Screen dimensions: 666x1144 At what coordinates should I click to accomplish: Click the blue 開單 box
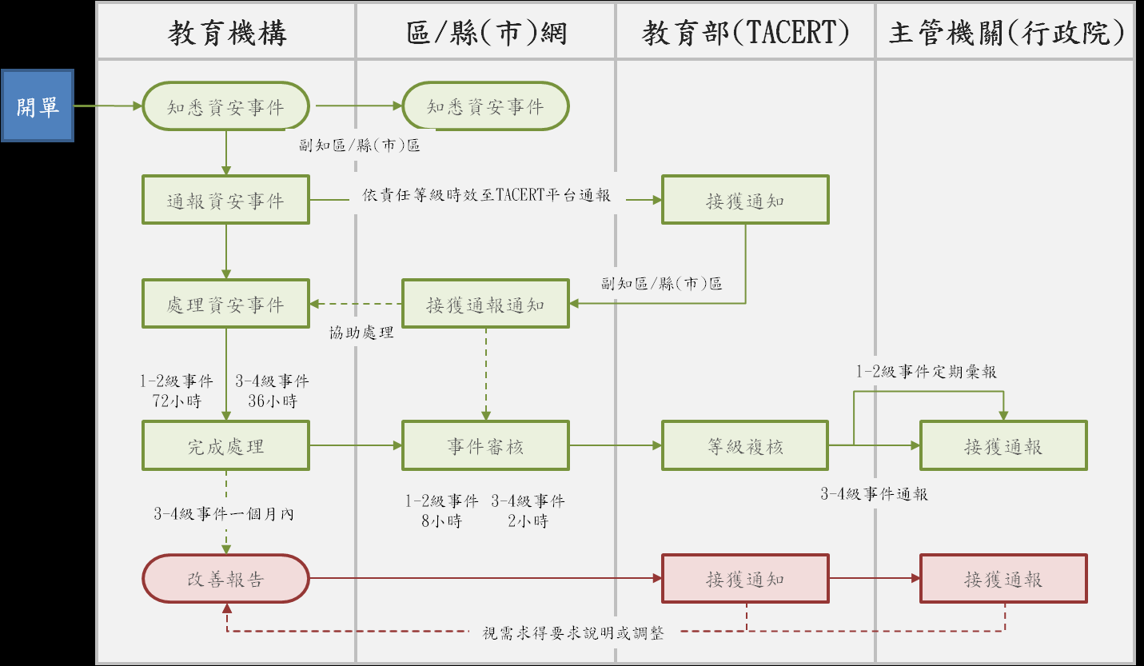click(x=38, y=106)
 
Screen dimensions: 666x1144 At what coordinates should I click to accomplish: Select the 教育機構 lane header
click(x=226, y=34)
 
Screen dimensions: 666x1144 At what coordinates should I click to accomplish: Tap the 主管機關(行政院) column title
click(x=1006, y=34)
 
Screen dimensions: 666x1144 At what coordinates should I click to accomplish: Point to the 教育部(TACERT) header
click(x=745, y=34)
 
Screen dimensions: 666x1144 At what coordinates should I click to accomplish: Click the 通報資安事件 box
click(x=225, y=200)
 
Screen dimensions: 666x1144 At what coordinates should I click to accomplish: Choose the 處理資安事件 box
click(x=225, y=303)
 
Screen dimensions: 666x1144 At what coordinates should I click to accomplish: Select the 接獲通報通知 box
click(x=485, y=303)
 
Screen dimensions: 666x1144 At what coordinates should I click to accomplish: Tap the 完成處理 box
click(x=225, y=446)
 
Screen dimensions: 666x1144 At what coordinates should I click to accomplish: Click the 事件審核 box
click(x=485, y=446)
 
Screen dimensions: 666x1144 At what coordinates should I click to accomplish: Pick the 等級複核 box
click(x=745, y=446)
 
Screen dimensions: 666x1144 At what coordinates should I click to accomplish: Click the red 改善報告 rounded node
click(x=225, y=579)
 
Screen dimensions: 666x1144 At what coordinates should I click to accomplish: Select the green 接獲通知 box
click(x=745, y=200)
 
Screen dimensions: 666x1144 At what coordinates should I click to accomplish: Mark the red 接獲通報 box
click(x=1003, y=579)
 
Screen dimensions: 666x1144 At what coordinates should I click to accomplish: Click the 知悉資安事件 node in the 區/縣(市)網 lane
click(x=485, y=106)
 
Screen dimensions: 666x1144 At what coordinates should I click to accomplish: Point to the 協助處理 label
click(x=361, y=333)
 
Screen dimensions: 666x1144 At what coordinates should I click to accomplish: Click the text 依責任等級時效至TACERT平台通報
click(x=486, y=196)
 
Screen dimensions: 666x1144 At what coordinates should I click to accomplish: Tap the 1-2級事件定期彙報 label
click(x=927, y=372)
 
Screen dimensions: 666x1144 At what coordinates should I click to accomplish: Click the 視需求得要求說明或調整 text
click(x=573, y=633)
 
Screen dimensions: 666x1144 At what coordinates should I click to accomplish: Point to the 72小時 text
click(x=177, y=401)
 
